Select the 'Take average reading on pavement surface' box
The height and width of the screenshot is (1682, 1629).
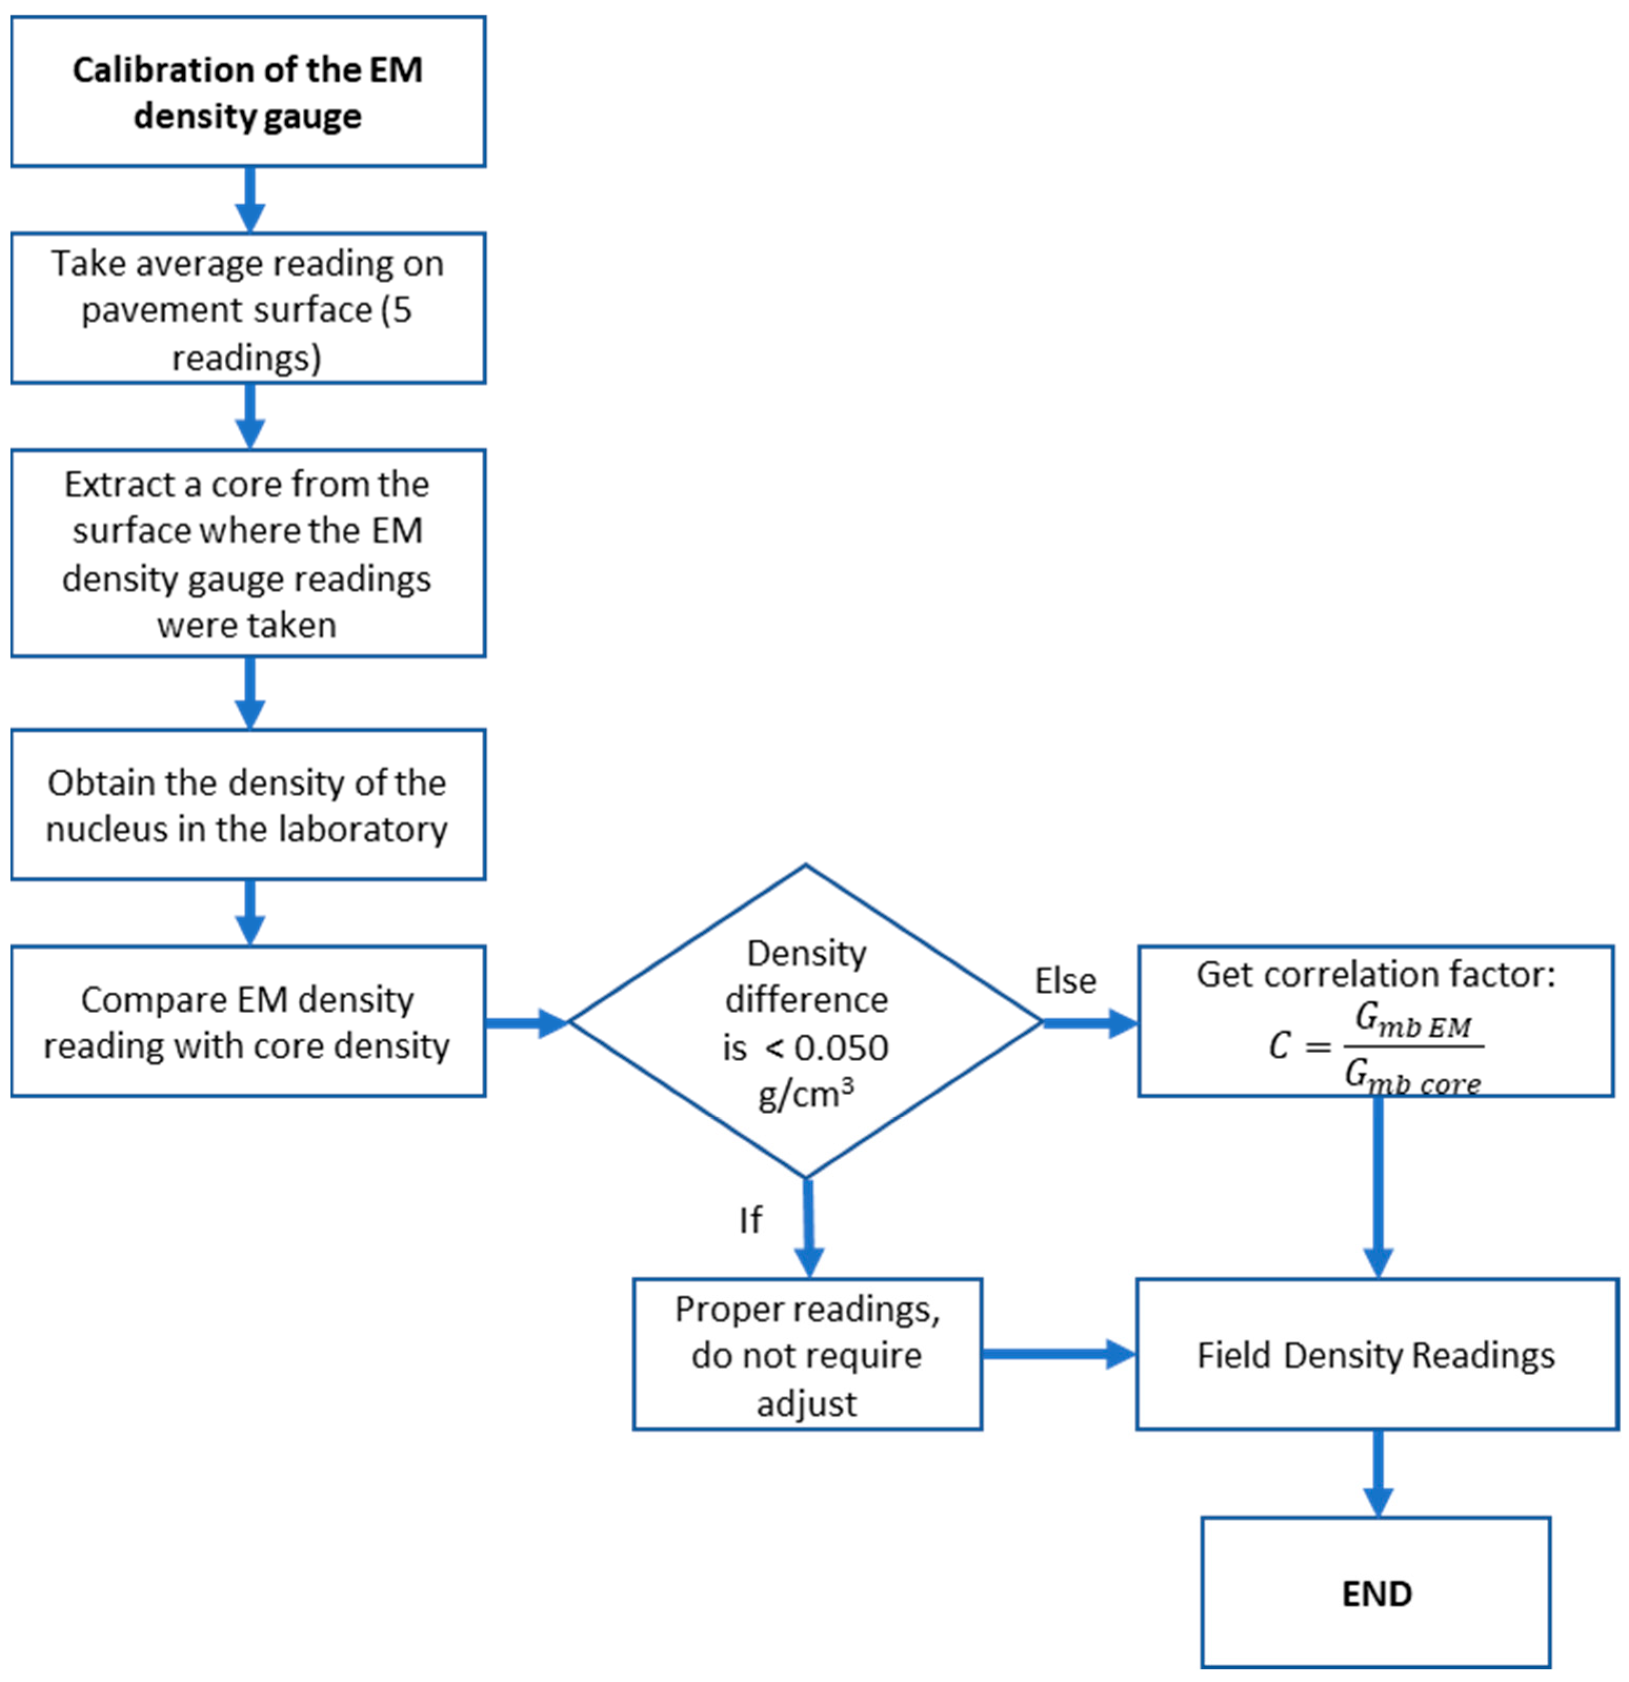(x=248, y=308)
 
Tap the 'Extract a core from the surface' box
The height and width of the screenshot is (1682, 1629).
(x=248, y=553)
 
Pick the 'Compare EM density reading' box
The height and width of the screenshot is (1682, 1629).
(x=248, y=1021)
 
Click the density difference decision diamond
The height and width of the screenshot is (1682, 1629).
(x=805, y=1021)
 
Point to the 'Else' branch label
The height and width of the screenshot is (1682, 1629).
(x=1065, y=981)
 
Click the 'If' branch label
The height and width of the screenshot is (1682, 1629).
(x=749, y=1220)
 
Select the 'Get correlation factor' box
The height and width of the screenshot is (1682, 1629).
(x=1375, y=1021)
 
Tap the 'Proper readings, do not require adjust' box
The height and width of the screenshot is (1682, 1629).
(x=806, y=1355)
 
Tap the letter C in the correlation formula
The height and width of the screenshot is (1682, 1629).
(x=1279, y=1045)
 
